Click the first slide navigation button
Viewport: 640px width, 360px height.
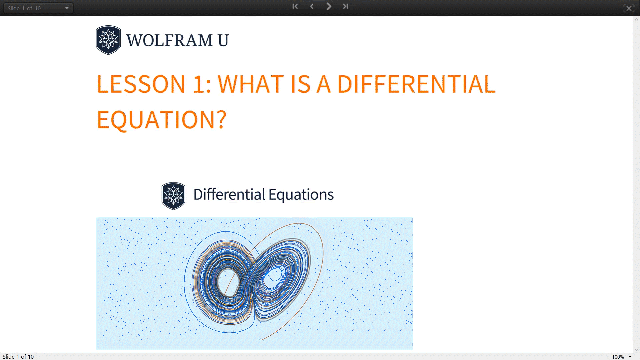point(295,6)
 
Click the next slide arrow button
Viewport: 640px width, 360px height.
point(329,6)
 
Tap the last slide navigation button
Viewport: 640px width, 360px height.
point(345,6)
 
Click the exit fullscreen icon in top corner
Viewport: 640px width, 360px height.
point(629,8)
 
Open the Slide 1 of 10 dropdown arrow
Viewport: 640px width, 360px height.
point(67,8)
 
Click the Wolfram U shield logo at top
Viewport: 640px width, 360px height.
point(108,40)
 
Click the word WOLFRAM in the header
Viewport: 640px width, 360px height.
point(169,40)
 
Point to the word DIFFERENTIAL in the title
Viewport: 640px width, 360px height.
point(416,84)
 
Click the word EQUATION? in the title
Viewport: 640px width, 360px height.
point(162,120)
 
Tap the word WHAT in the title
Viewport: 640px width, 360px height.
point(251,84)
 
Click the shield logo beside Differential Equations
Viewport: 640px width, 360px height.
point(173,196)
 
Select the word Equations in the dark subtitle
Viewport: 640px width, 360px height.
point(301,195)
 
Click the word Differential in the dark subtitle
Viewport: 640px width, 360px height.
point(229,195)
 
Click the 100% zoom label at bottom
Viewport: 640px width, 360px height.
point(618,357)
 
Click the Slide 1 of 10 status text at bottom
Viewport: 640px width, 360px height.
point(18,357)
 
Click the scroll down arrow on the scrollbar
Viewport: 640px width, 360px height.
point(636,349)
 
